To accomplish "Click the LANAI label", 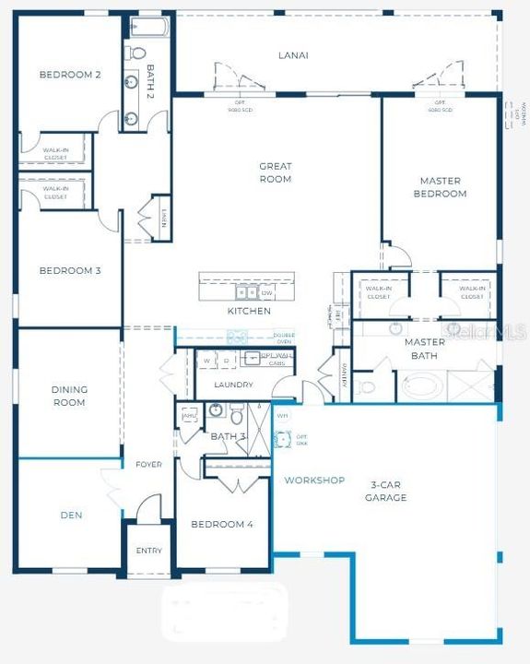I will click(x=293, y=55).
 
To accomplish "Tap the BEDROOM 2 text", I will click(x=70, y=75).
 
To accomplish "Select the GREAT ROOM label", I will click(x=275, y=172).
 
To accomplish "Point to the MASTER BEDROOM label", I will click(x=442, y=187).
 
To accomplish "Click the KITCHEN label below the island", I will click(x=249, y=312).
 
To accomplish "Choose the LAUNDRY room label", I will click(x=233, y=385).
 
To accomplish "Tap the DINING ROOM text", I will click(x=69, y=396).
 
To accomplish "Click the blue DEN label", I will click(x=71, y=516).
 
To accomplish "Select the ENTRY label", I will click(x=148, y=551).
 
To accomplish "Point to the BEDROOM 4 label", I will click(x=221, y=525).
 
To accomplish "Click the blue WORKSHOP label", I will click(x=313, y=480).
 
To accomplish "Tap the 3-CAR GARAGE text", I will click(x=388, y=492).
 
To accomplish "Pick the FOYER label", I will click(x=149, y=465).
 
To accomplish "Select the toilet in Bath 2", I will click(x=135, y=53).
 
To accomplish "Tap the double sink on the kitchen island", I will click(x=246, y=293).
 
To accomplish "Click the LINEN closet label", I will click(x=162, y=219).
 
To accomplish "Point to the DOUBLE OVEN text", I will click(x=283, y=338).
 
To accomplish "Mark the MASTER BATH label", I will click(x=425, y=348).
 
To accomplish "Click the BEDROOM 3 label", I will click(x=70, y=271).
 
